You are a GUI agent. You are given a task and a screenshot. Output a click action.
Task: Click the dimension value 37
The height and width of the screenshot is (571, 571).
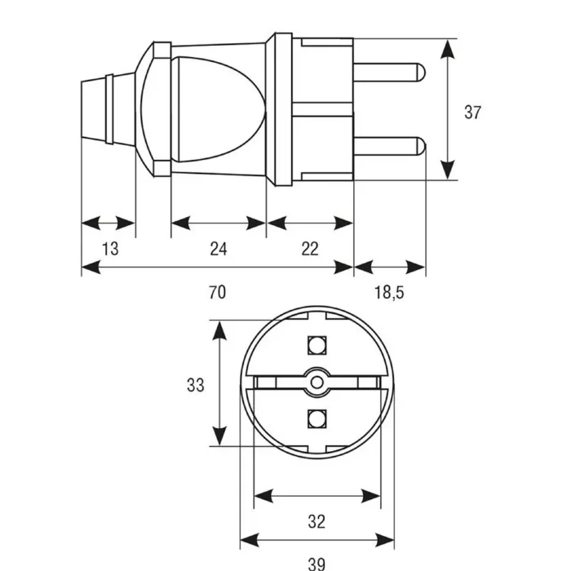coord(472,113)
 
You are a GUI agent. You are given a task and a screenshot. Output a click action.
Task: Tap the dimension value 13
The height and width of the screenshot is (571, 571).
coord(110,249)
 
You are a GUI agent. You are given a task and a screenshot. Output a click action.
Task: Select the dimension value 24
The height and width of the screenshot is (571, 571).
coord(219,249)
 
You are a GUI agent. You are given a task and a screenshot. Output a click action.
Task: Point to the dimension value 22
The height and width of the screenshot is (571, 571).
coord(310,249)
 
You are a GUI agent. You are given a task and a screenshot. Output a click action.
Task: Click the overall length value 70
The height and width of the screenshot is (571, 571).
coord(218,292)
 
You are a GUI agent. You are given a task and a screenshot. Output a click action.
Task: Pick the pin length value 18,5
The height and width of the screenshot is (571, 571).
coord(389,292)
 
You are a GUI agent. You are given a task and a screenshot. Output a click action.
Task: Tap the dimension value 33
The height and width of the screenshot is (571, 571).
coord(196,385)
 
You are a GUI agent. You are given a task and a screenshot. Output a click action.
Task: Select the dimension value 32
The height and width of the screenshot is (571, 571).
coord(316,521)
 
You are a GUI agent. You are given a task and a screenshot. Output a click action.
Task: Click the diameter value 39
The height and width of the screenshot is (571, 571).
coord(316,564)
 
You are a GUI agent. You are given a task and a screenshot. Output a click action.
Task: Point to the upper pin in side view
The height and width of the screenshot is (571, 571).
coord(389,73)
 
